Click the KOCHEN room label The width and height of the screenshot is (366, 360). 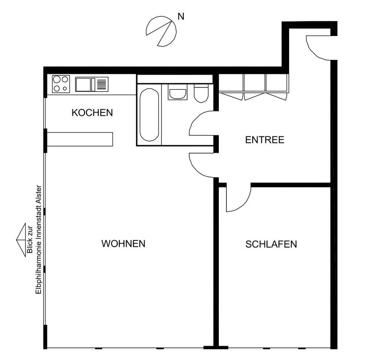pos(92,113)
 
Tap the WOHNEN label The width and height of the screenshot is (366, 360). pos(123,244)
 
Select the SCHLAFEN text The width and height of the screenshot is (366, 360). pos(271,244)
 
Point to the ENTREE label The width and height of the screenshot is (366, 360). pos(265,140)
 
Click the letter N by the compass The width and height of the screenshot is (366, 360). pos(181,16)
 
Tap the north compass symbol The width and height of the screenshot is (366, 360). pos(161,31)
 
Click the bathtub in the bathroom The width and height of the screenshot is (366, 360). pos(149,115)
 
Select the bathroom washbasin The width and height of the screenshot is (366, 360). pos(178,92)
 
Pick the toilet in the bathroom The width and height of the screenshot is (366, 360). pos(201,93)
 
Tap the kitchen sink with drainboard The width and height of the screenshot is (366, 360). pos(92,84)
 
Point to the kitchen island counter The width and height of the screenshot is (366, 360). pos(80,139)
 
